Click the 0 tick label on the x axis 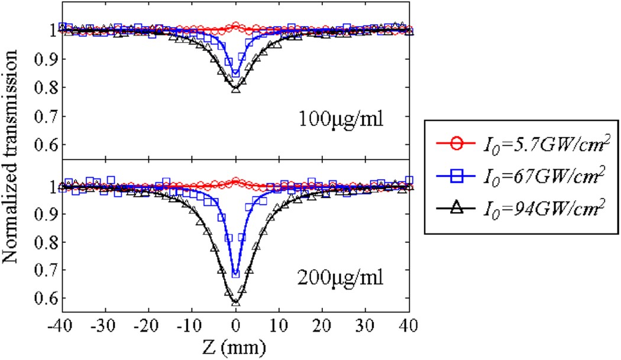coord(235,325)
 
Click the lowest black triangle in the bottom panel coord(235,302)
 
